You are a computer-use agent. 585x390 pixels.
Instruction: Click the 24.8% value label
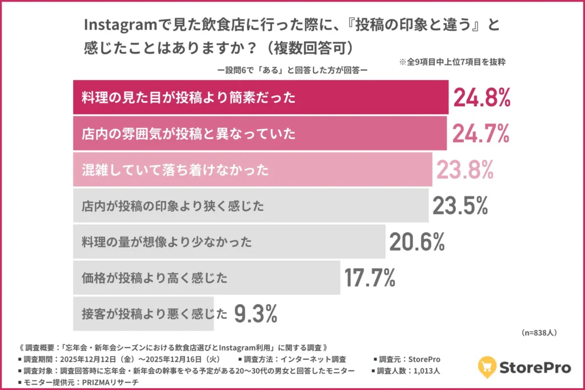point(481,98)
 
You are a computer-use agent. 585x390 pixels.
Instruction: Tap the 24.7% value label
point(480,134)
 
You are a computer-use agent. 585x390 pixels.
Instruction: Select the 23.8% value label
point(465,170)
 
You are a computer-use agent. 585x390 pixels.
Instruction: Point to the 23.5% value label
point(460,206)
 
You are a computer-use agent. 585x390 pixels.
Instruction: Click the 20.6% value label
point(417,242)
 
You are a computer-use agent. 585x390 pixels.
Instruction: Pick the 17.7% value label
point(370,278)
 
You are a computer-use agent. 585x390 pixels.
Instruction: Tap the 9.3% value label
point(256,313)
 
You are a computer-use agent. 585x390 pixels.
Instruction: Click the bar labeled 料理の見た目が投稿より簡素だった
point(261,98)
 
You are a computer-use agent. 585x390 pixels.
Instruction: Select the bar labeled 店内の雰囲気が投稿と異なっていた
point(260,134)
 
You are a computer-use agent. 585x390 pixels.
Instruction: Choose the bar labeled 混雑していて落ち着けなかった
point(253,170)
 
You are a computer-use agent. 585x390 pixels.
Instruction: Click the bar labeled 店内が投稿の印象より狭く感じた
point(250,206)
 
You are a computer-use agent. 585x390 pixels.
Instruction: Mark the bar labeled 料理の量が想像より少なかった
point(229,242)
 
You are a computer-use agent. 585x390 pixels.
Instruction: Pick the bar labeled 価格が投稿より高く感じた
point(206,278)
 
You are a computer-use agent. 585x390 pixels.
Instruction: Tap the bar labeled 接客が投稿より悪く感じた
point(143,313)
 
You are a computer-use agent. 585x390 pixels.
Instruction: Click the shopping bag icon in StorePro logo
point(487,366)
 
